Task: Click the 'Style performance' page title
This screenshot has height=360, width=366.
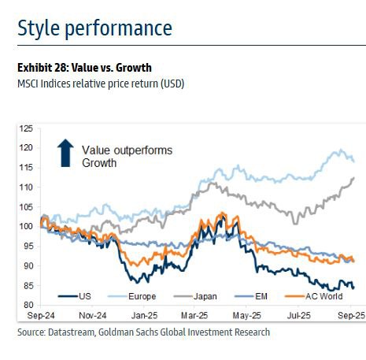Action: pos(94,28)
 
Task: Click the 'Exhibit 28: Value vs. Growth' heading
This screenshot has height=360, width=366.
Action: pos(84,68)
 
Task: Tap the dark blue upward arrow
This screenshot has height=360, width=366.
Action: pos(65,153)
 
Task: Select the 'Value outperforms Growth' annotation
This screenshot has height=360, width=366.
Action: pos(127,157)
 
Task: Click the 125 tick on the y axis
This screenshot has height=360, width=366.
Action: pos(26,128)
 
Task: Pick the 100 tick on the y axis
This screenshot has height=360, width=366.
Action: pos(26,226)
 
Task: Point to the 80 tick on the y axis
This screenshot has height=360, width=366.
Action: pos(28,305)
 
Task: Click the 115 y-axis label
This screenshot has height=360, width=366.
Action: pos(26,167)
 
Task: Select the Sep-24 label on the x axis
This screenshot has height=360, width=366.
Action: pos(41,315)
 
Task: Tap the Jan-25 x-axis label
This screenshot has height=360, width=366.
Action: pos(144,315)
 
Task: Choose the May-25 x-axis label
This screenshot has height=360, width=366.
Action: pos(246,315)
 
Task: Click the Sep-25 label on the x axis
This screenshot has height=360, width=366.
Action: pos(351,315)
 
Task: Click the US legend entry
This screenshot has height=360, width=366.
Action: pos(75,296)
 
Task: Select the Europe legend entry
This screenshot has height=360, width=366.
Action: pos(132,296)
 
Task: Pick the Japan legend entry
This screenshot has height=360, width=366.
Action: pos(195,296)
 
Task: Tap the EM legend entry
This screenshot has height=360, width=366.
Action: pos(251,296)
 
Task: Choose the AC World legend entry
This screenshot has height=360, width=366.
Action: pos(314,296)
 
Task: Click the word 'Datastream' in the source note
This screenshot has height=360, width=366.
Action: pos(71,332)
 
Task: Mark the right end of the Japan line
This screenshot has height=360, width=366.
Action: pos(354,178)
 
